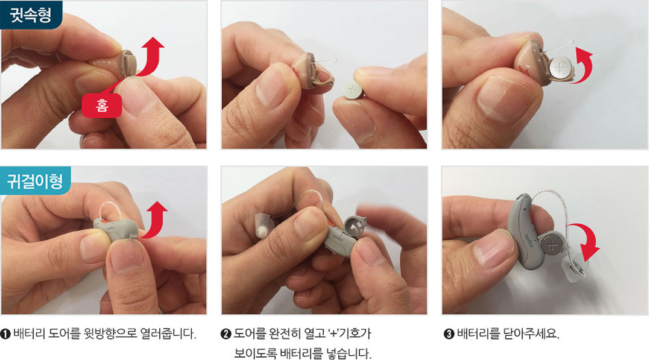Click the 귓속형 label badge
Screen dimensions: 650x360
[31, 14]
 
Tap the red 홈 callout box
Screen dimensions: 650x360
[101, 106]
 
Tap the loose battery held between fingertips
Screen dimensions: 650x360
[353, 90]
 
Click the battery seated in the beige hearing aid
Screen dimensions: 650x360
[561, 68]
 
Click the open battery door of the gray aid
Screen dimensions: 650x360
[355, 227]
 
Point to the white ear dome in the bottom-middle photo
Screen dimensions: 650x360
[263, 225]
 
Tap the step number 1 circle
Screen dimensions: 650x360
[5, 334]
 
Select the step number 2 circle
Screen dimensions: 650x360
[226, 334]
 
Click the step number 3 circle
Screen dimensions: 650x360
[449, 334]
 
